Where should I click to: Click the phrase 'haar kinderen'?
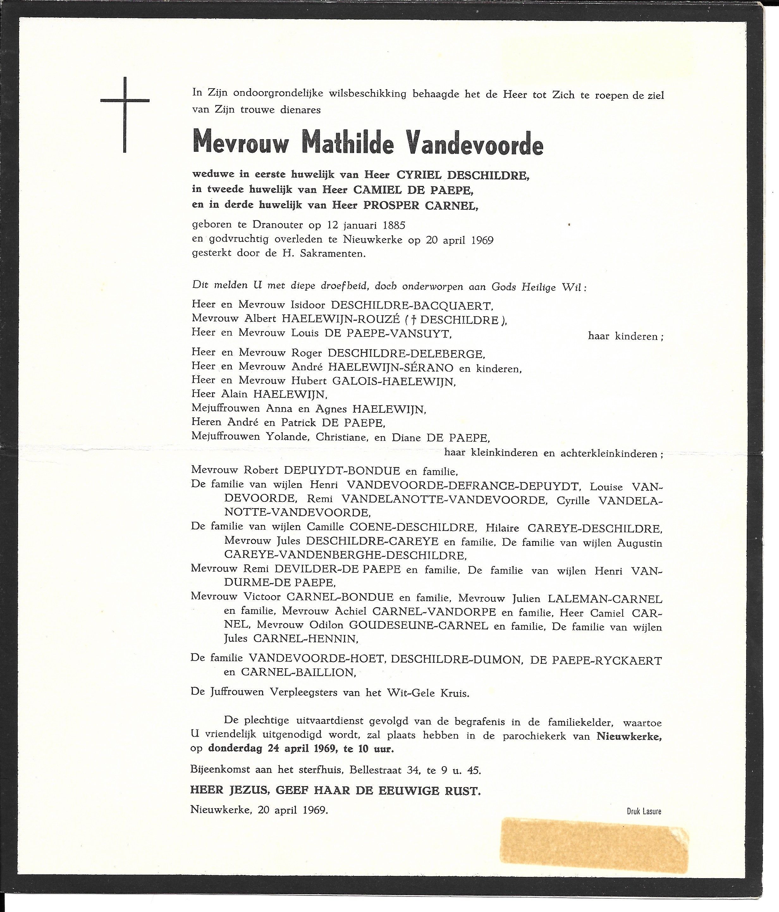[625, 337]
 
